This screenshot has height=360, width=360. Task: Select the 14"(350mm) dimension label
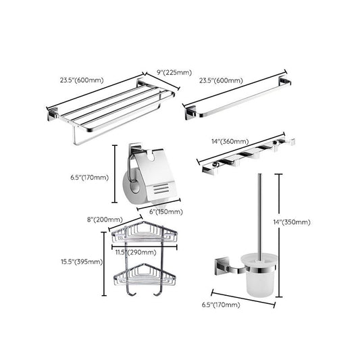tap(298, 222)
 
